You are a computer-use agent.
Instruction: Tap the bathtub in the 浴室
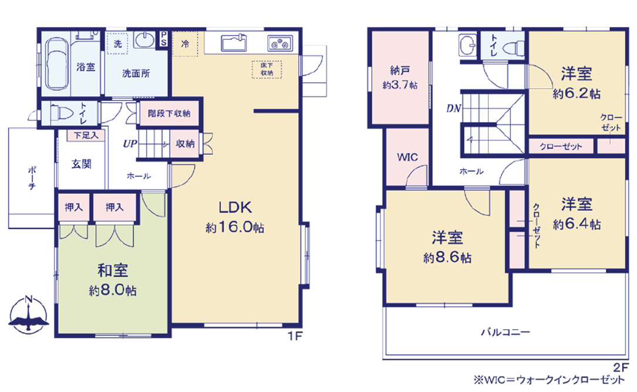(56, 64)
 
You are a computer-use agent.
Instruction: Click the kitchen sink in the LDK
(234, 43)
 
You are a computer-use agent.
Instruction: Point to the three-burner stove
(280, 43)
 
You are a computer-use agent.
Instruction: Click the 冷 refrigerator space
(185, 43)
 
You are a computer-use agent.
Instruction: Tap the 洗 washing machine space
(117, 43)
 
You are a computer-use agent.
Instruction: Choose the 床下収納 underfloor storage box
(267, 69)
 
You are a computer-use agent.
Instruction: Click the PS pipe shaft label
(163, 39)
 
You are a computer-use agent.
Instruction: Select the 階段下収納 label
(169, 113)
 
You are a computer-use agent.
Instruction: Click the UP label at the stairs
(130, 144)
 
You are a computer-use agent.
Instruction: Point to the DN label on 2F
(454, 109)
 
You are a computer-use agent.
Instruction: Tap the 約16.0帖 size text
(235, 227)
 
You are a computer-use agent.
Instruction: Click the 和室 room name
(113, 270)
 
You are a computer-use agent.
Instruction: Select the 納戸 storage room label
(400, 70)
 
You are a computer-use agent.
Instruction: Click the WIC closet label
(407, 157)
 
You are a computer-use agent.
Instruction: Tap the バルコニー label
(505, 332)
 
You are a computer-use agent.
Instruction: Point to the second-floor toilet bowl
(513, 48)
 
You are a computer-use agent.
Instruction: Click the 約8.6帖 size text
(447, 258)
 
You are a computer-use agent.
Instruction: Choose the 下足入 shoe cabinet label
(86, 136)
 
